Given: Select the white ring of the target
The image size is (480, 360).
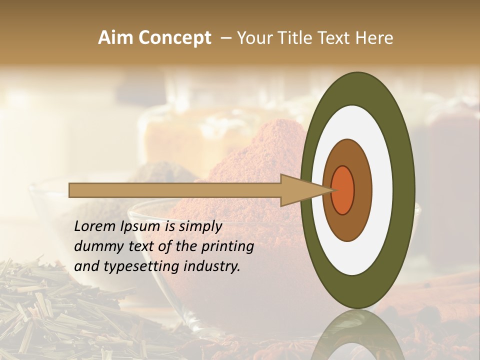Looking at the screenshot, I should (x=382, y=190).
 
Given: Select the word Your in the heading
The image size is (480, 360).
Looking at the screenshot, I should (x=253, y=38).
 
